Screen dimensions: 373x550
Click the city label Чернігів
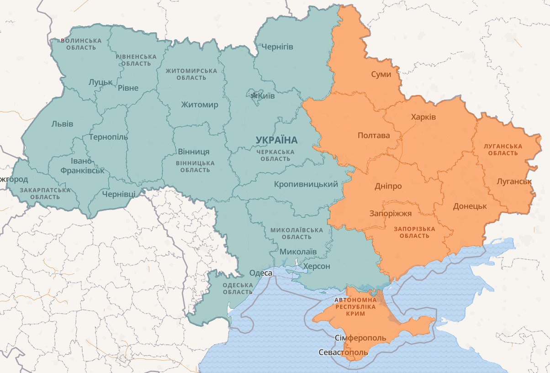277,47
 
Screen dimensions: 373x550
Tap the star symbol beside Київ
254,95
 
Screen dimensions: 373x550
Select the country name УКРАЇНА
276,140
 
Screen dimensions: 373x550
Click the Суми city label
381,74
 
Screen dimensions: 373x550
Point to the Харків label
423,117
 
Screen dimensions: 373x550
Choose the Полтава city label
374,136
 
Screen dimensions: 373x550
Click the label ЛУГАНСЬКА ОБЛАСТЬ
503,149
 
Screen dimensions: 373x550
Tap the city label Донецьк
470,206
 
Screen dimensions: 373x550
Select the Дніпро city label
388,186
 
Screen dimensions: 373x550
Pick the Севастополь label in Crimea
343,352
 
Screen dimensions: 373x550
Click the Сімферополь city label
360,338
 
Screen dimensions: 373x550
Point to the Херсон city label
316,266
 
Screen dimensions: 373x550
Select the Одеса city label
260,273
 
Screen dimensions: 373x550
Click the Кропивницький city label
306,184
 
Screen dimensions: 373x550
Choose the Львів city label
62,124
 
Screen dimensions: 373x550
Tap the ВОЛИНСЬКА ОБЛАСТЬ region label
80,44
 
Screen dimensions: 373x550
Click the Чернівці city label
119,194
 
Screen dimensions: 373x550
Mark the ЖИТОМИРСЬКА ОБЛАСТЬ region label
191,74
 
